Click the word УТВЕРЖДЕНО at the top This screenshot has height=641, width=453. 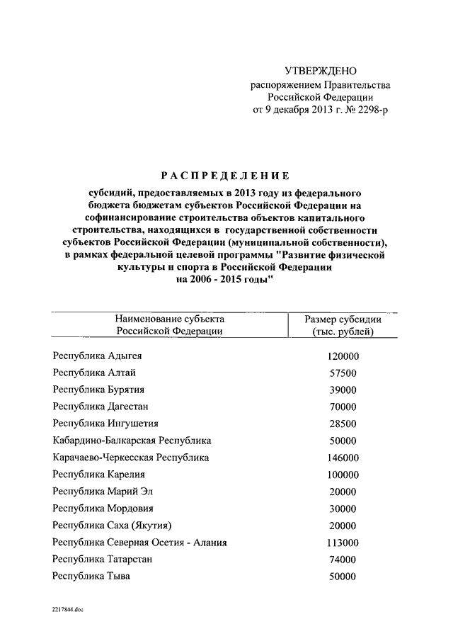click(x=321, y=71)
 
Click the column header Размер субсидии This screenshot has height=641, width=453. click(x=343, y=319)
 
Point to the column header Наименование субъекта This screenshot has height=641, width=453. click(x=170, y=319)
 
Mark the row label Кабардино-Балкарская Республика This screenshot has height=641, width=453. click(x=132, y=441)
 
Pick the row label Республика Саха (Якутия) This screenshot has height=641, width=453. click(x=112, y=526)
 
